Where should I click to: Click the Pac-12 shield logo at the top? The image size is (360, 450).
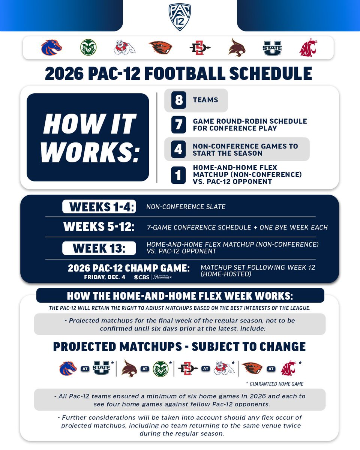[180, 17]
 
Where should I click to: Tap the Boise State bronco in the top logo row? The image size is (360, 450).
[51, 48]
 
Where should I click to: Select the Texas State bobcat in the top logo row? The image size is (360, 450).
[237, 48]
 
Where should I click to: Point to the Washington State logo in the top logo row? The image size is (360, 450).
[308, 48]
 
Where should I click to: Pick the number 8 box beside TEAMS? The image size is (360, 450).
[178, 100]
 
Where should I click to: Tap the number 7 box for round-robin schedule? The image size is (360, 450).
[178, 125]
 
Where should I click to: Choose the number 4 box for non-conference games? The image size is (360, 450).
[178, 149]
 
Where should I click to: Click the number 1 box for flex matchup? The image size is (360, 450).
[178, 174]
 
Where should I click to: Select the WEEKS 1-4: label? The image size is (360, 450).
[99, 207]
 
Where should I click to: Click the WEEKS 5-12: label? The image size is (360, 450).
[99, 227]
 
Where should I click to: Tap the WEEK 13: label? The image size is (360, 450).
[99, 248]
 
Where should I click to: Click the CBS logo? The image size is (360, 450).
[142, 277]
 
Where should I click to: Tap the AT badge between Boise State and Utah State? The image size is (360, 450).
[85, 369]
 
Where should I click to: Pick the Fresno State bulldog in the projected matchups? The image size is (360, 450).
[224, 369]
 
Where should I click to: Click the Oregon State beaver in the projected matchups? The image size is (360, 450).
[252, 368]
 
